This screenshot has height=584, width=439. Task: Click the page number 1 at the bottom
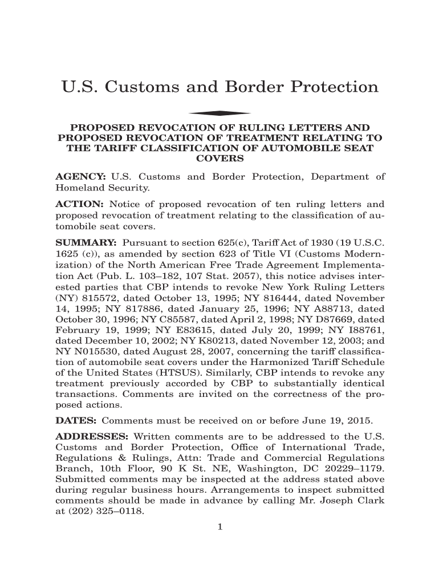point(219,526)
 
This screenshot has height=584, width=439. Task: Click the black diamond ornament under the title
point(219,113)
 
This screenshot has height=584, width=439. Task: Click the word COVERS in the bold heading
point(219,158)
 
